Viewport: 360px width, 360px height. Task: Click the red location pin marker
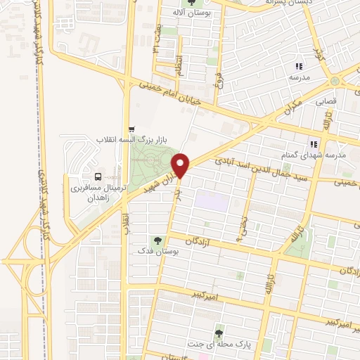pyautogui.click(x=181, y=165)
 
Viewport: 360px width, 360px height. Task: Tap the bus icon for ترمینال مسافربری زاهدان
pyautogui.click(x=97, y=176)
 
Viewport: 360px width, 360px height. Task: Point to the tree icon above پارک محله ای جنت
pyautogui.click(x=219, y=333)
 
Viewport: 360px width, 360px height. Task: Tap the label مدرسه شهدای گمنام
pyautogui.click(x=335, y=155)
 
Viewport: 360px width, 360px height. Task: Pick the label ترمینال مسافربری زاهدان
pyautogui.click(x=97, y=193)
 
